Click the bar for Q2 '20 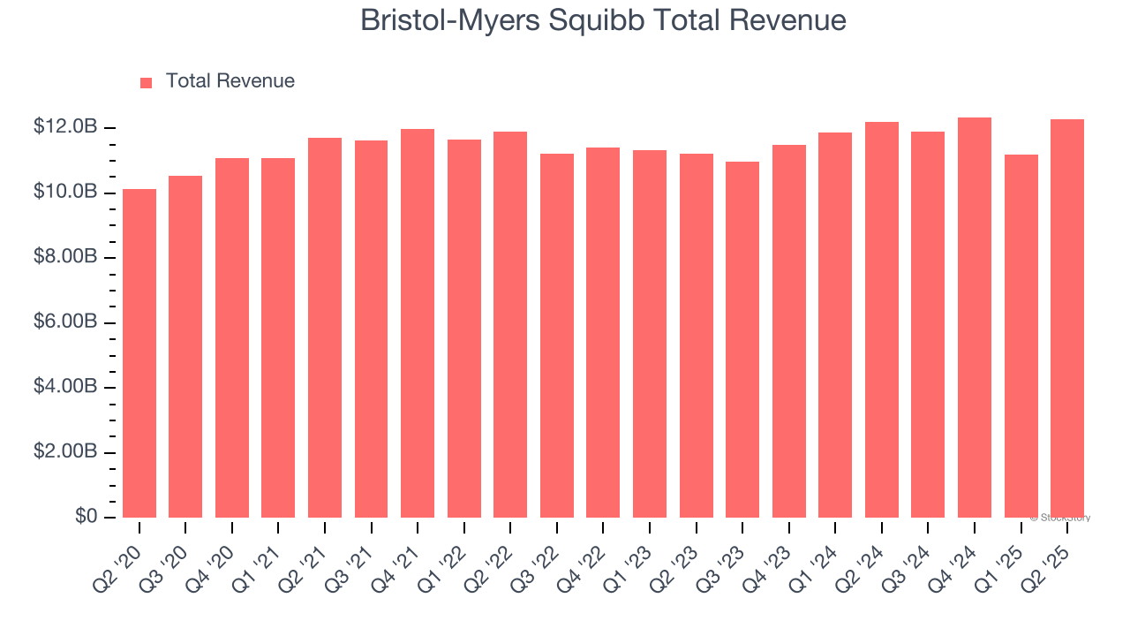tap(139, 353)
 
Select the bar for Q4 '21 tap(418, 323)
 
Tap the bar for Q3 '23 tap(742, 340)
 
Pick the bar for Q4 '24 tap(975, 318)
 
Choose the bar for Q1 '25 tap(1021, 337)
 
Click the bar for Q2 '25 tap(1067, 319)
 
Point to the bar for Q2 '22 tap(510, 325)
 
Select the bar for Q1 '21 tap(278, 338)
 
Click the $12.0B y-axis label tap(64, 127)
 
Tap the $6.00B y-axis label tap(64, 322)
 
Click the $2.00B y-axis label tap(64, 452)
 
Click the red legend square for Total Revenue tap(147, 82)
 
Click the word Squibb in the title tap(601, 20)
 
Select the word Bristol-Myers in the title tap(451, 20)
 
